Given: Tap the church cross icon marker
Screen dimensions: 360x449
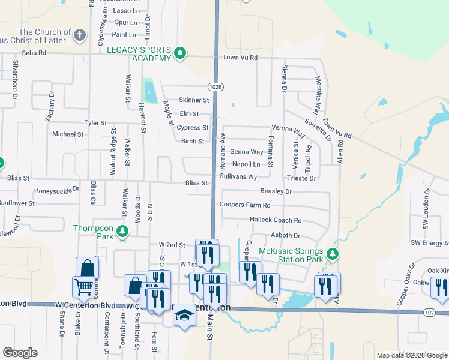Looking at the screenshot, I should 79,35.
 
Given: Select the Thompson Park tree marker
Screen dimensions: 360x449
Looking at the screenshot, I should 122,231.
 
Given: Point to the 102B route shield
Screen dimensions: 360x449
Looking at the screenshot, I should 217,87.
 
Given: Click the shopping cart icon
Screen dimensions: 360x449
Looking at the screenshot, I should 83,287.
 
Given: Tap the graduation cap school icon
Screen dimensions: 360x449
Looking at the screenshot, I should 184,316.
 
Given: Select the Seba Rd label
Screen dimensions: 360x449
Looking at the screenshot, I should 34,53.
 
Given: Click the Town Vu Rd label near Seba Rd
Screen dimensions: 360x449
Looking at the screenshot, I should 240,58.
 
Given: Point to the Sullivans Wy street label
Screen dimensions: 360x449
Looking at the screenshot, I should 238,177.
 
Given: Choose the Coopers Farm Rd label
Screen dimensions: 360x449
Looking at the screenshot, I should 245,205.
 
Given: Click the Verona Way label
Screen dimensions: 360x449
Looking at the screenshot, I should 289,129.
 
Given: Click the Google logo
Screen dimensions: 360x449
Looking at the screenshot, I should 20,353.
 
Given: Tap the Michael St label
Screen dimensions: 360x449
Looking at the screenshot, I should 68,134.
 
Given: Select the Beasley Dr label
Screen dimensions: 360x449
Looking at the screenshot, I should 276,191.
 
